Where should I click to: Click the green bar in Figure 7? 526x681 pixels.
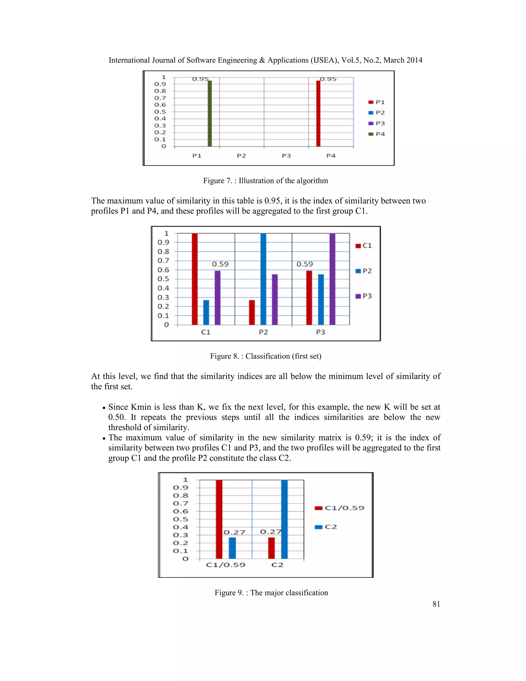(210, 114)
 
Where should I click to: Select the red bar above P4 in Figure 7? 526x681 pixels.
(318, 114)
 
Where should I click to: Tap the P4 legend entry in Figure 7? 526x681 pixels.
(377, 134)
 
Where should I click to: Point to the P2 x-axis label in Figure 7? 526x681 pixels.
(241, 155)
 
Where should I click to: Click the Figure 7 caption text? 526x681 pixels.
(266, 181)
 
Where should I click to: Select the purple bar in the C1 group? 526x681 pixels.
(218, 298)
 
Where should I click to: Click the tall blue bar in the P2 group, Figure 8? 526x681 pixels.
(263, 279)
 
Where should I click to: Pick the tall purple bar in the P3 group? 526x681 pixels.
(332, 279)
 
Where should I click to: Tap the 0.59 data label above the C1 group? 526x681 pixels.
(220, 264)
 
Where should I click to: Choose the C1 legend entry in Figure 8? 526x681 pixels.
(364, 246)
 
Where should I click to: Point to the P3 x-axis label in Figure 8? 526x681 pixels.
(321, 332)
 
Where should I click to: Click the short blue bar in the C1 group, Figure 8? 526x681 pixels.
(206, 312)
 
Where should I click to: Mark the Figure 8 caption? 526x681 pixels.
(266, 356)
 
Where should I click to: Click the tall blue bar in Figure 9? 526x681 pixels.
(284, 519)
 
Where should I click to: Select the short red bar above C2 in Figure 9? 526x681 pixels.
(271, 548)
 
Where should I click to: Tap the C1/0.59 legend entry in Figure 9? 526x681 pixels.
(340, 508)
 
